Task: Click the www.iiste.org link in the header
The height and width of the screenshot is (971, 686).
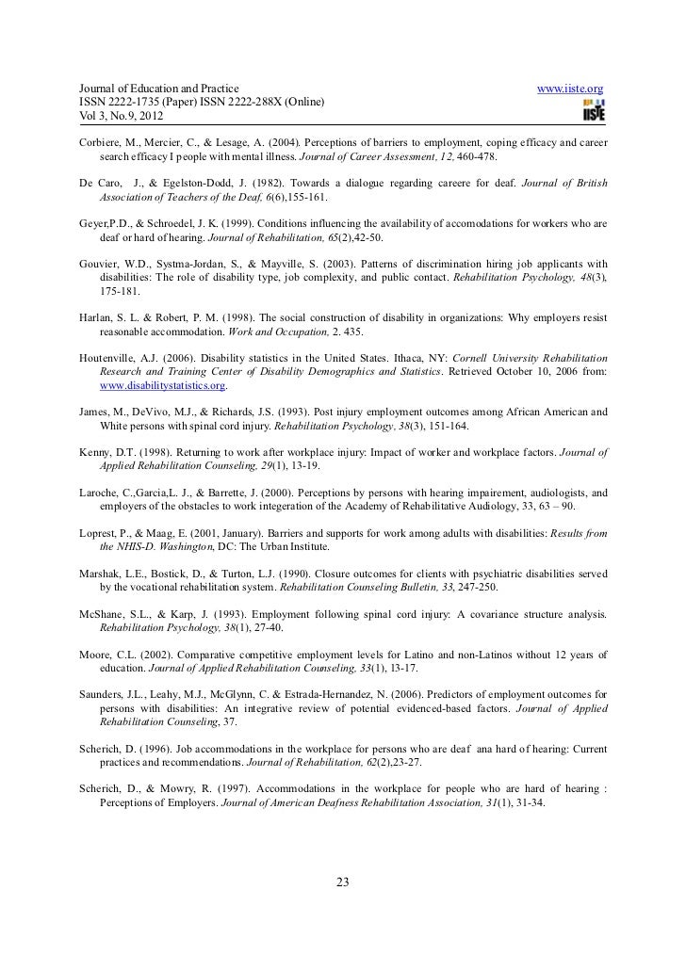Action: point(569,89)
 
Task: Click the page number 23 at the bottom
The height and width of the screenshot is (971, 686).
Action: point(342,882)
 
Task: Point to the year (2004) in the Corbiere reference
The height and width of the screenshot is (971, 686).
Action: point(269,141)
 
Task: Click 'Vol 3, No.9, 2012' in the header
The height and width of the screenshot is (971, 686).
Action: point(107,117)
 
